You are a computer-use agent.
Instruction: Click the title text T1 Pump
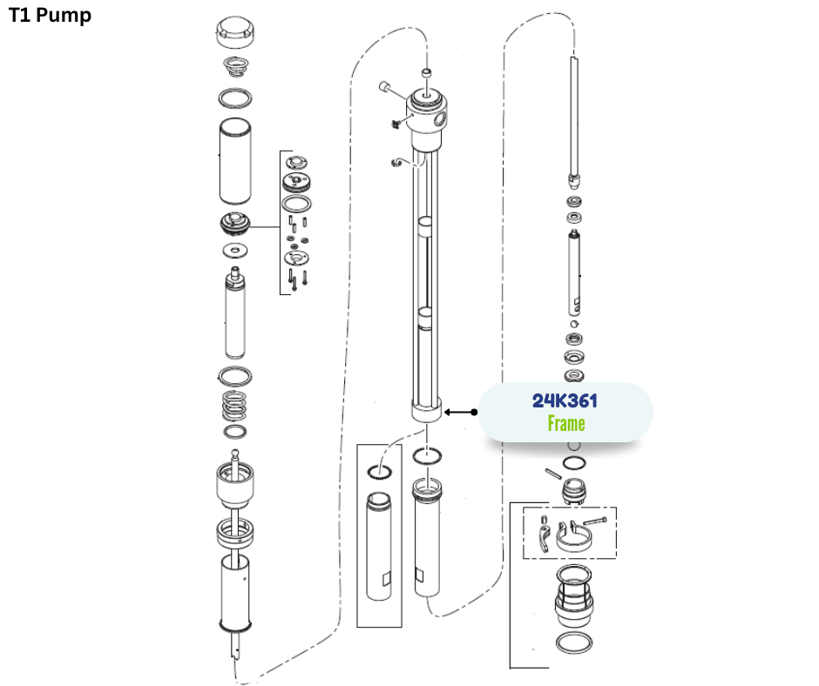pyautogui.click(x=51, y=15)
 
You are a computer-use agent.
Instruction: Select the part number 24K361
pyautogui.click(x=565, y=400)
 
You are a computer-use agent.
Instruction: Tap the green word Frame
pyautogui.click(x=566, y=423)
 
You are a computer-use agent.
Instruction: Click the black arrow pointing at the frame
pyautogui.click(x=460, y=412)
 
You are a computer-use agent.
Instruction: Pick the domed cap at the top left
pyautogui.click(x=235, y=31)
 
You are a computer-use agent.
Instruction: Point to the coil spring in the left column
pyautogui.click(x=234, y=406)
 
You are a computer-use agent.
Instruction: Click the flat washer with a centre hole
pyautogui.click(x=235, y=251)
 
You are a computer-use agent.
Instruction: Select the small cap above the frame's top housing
pyautogui.click(x=427, y=72)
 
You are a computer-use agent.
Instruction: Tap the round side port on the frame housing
pyautogui.click(x=440, y=120)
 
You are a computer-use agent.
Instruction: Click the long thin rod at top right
pyautogui.click(x=574, y=118)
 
